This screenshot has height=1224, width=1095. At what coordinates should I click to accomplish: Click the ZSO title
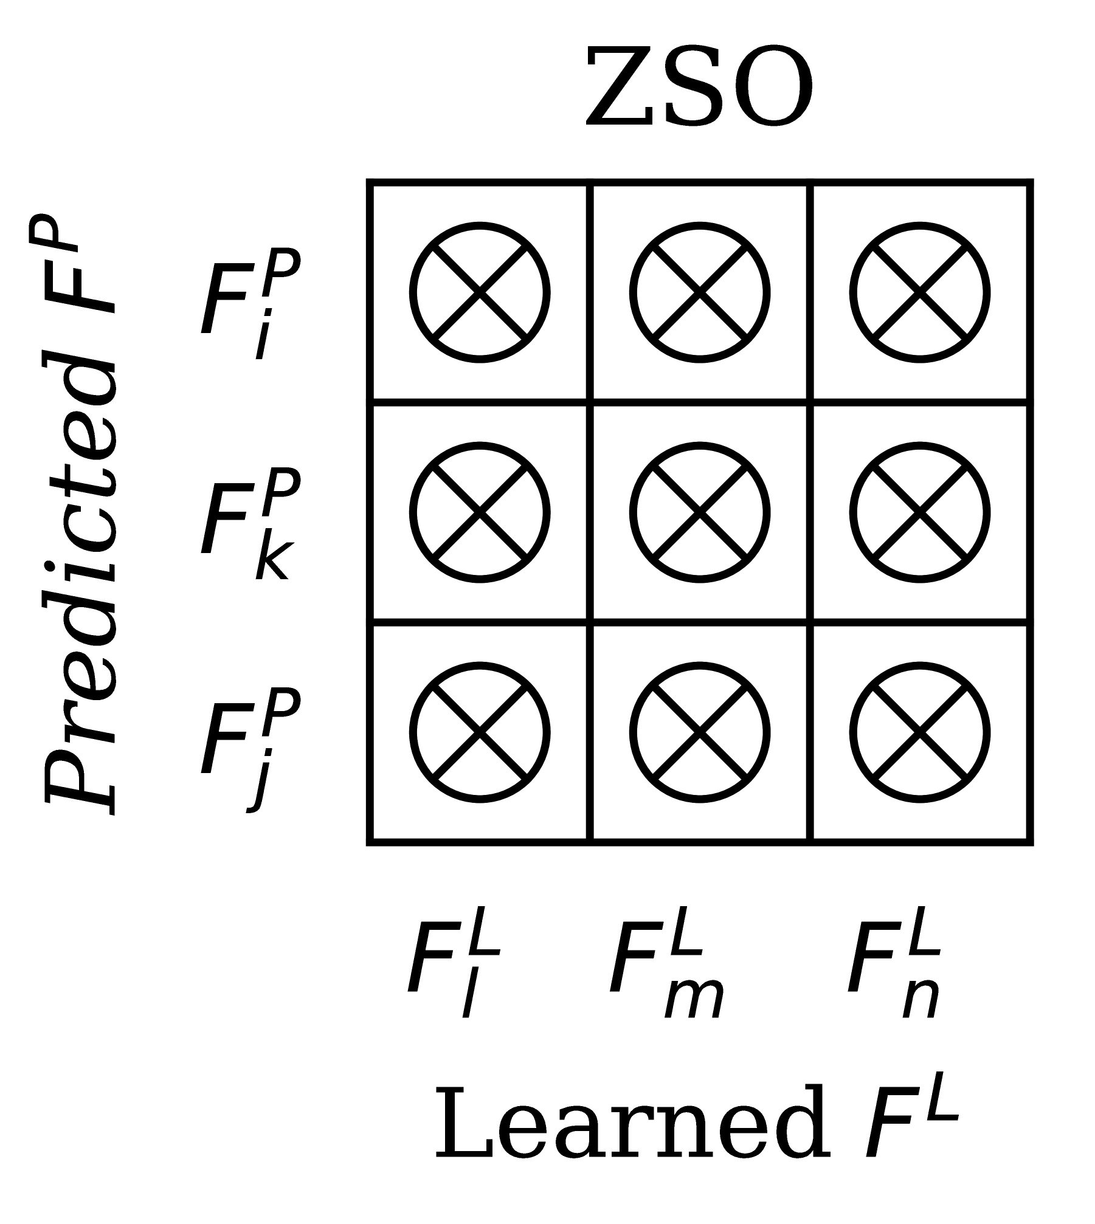point(699,88)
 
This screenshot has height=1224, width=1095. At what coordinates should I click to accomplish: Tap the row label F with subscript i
point(249,301)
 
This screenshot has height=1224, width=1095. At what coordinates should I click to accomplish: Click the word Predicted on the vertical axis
point(79,583)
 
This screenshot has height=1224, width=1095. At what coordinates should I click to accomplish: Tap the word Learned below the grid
point(632,1121)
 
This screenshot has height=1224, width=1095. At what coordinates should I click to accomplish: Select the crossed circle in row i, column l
point(480,292)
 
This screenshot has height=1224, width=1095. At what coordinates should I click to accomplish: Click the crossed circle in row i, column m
point(700,292)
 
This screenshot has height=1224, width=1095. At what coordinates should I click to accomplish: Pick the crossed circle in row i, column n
point(920,292)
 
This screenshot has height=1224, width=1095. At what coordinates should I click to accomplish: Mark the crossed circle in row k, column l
point(480,512)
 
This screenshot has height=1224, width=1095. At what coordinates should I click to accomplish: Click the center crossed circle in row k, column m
point(700,512)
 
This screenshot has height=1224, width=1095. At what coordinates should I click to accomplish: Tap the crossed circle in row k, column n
point(920,512)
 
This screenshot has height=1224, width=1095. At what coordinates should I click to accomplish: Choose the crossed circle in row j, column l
point(480,732)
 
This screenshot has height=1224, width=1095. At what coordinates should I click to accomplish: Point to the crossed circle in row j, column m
point(700,732)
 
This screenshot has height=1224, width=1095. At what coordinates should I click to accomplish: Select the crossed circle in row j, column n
point(920,732)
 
